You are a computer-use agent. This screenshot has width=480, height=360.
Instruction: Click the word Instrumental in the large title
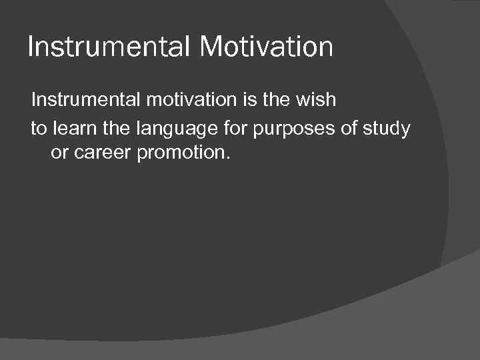point(104,47)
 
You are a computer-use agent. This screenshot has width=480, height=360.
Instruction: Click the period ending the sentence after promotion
point(227,160)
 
